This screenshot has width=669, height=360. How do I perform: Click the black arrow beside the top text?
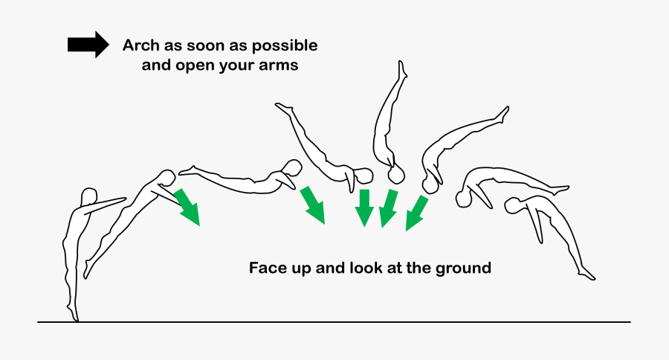(88, 45)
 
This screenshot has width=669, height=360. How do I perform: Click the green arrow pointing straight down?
(364, 208)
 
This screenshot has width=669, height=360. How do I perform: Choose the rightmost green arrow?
(416, 213)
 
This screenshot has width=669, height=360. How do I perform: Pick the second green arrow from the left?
(313, 205)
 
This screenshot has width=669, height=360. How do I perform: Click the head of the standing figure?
(88, 196)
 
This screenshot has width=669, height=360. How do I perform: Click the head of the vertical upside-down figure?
(396, 175)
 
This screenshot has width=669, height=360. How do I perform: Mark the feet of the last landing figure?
(586, 273)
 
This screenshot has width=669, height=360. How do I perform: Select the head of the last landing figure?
(514, 205)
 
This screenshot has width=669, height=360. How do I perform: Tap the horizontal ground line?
(334, 322)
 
